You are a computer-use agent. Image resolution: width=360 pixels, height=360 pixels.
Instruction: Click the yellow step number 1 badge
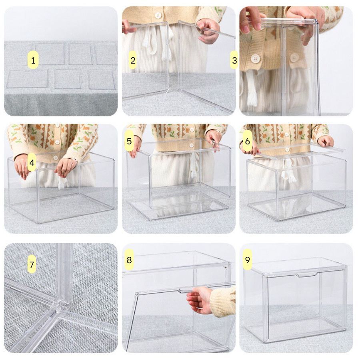[x=33, y=60]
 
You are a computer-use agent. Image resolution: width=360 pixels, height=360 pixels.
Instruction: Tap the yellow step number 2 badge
[x=133, y=60]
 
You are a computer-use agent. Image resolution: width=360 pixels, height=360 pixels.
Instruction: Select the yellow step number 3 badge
[x=234, y=60]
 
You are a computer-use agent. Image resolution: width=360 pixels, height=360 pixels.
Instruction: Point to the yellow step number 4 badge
[x=32, y=162]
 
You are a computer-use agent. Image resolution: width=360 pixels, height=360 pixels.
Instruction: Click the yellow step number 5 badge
[x=129, y=141]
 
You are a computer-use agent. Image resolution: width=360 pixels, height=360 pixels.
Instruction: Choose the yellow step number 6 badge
[x=247, y=141]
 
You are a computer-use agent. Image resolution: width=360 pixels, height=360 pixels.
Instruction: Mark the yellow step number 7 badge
[x=32, y=264]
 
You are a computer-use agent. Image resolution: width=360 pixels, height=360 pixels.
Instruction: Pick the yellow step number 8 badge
[x=129, y=260]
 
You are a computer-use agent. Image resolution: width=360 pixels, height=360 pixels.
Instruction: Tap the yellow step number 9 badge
[x=247, y=260]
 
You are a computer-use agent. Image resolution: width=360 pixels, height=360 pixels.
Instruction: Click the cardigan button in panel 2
[x=158, y=16]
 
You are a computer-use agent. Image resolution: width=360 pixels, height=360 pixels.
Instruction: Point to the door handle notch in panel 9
[x=307, y=274]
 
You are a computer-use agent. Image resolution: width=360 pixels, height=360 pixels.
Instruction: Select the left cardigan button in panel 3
[x=255, y=58]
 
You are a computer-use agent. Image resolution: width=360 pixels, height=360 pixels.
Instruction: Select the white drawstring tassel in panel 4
[x=63, y=183]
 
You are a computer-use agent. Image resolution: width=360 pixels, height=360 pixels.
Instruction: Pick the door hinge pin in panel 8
[x=137, y=294]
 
